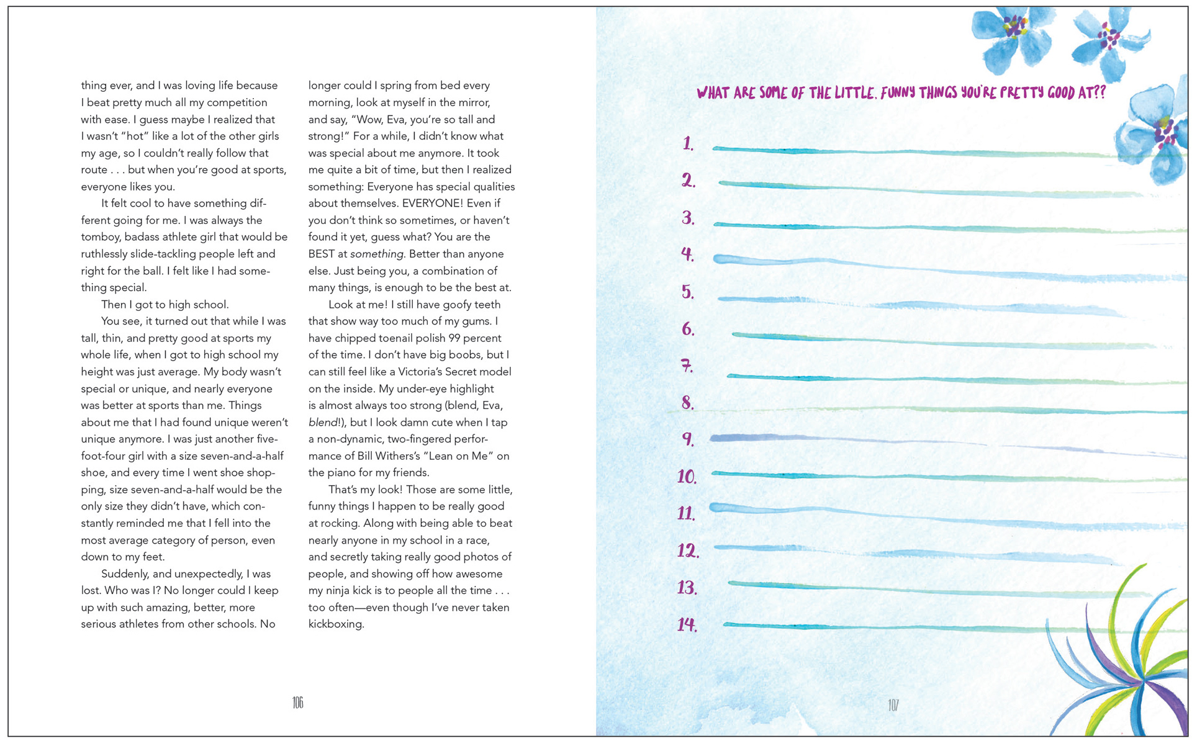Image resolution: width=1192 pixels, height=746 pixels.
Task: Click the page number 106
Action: (x=298, y=703)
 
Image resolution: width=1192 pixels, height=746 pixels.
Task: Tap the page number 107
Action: (x=893, y=705)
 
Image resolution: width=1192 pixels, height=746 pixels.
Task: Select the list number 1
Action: (x=688, y=144)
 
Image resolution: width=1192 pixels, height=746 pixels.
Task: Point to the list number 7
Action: (x=687, y=366)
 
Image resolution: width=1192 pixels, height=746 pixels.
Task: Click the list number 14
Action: (x=687, y=624)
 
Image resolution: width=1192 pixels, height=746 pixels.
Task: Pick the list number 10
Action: (x=687, y=476)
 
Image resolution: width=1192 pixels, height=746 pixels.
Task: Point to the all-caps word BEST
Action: (x=322, y=254)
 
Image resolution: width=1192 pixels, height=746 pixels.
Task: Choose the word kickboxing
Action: (x=336, y=624)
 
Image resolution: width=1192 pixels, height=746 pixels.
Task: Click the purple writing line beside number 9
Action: (x=944, y=444)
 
